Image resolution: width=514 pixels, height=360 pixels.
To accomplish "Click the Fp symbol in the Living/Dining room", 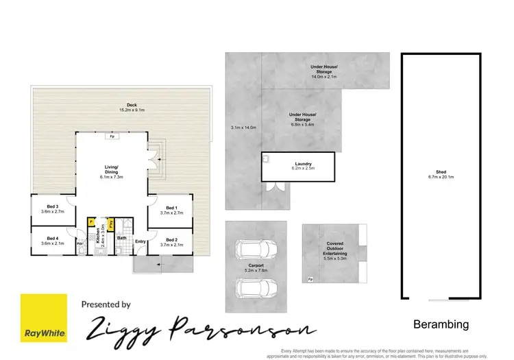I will (111, 136).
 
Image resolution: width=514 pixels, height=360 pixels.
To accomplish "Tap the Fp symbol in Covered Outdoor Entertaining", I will (310, 279).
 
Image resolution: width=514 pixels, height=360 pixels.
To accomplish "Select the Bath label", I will (121, 239).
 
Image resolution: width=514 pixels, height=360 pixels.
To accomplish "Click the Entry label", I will (140, 241).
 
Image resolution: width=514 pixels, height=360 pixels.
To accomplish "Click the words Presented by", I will (106, 304).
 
